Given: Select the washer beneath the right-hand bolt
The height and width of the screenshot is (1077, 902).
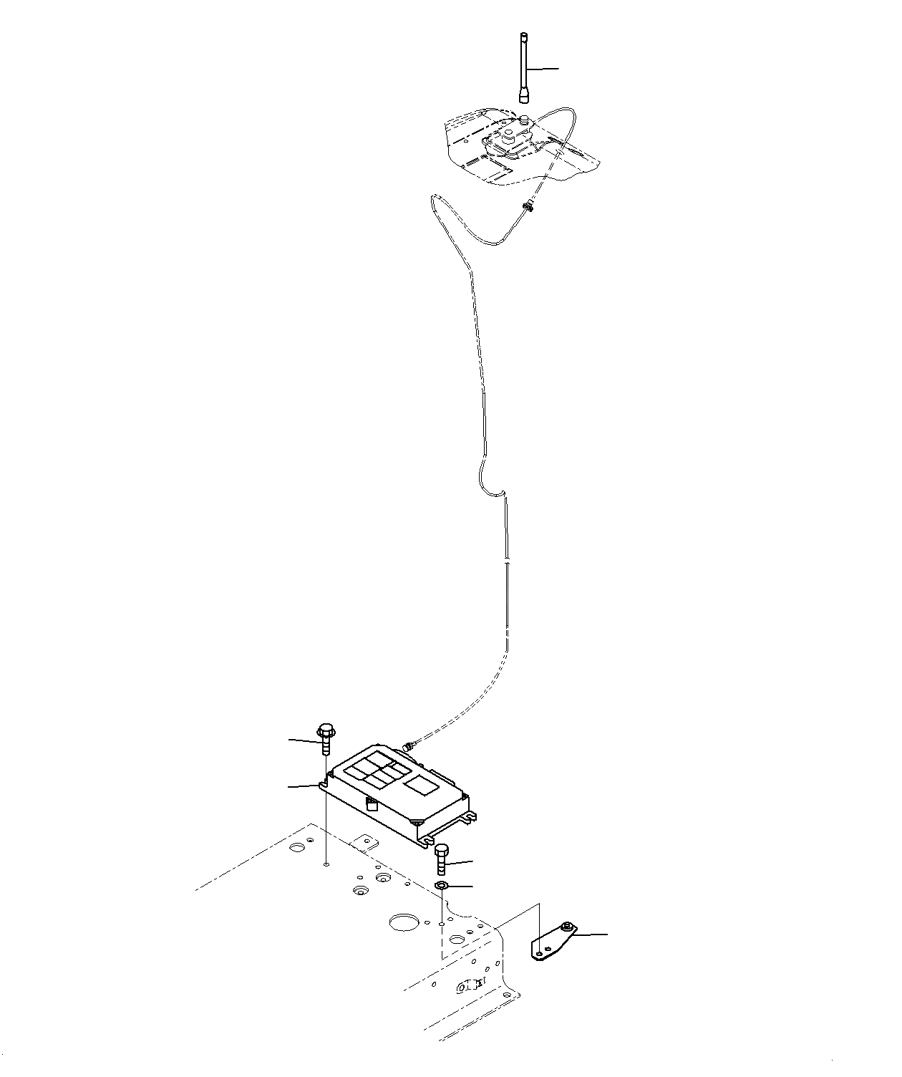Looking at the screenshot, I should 442,887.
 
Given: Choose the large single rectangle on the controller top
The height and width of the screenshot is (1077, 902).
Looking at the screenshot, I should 422,786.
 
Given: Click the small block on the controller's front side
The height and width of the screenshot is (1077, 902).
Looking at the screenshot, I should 371,804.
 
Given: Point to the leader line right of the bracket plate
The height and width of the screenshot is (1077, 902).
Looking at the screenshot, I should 591,934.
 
